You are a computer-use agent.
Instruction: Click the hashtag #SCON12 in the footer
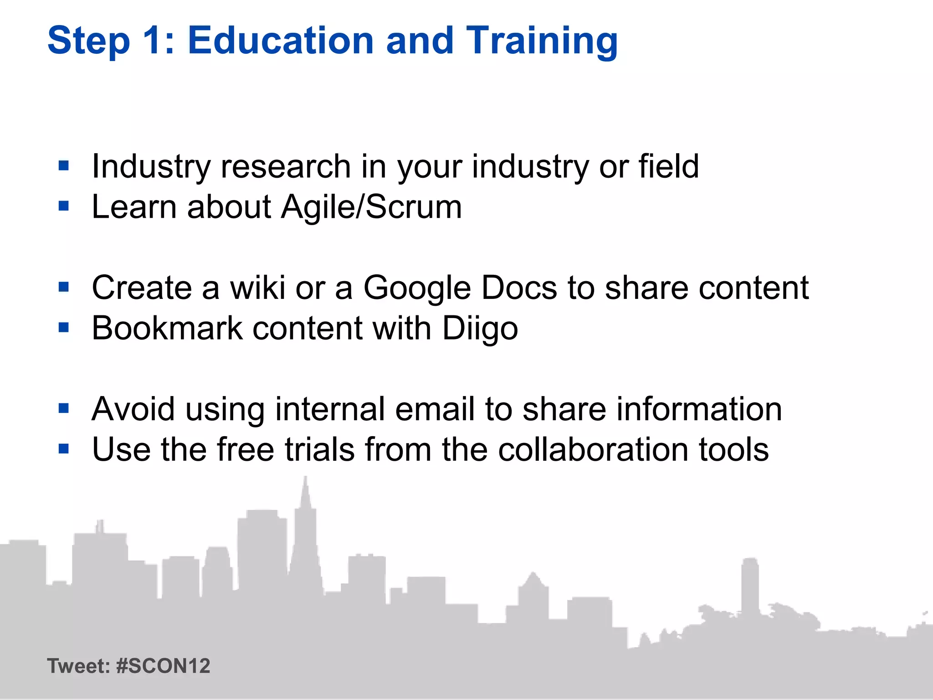(163, 666)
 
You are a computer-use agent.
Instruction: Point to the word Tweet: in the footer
(78, 666)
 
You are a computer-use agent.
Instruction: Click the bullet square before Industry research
(64, 165)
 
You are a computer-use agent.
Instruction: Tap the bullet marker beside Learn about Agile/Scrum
(64, 206)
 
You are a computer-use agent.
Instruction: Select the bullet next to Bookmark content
(64, 327)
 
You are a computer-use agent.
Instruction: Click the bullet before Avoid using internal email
(64, 408)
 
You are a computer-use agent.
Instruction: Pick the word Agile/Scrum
(371, 207)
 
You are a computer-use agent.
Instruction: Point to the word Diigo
(480, 328)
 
